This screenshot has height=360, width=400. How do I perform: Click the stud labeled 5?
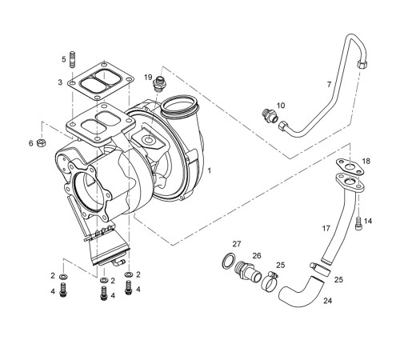(73, 59)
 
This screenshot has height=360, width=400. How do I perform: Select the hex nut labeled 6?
(41, 143)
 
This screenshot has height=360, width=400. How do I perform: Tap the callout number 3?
(60, 82)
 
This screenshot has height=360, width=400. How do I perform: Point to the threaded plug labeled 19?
(159, 84)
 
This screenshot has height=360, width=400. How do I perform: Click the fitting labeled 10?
(270, 116)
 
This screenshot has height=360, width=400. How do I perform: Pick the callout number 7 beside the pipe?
(329, 84)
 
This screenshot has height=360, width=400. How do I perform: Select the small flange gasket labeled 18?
(350, 166)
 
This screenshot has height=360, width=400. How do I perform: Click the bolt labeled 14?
(358, 223)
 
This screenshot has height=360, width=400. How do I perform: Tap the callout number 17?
(326, 228)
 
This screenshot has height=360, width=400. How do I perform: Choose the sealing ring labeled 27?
(229, 262)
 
